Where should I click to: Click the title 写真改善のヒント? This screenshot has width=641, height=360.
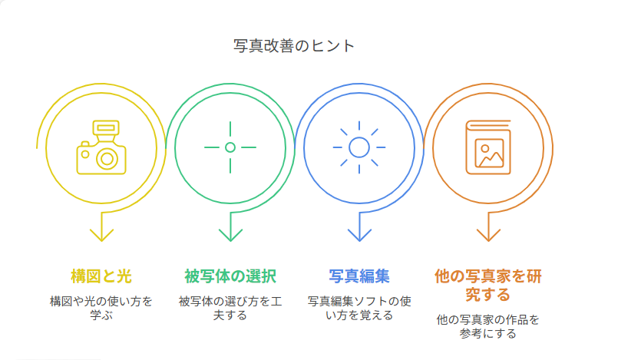(294, 46)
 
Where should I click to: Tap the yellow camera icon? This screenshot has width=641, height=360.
(101, 147)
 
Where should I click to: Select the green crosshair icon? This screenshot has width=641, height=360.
(230, 147)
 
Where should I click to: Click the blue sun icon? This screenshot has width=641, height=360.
(359, 147)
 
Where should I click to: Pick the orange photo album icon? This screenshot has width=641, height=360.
(488, 147)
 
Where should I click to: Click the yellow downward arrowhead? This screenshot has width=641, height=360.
(101, 235)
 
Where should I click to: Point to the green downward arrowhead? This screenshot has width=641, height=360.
(230, 235)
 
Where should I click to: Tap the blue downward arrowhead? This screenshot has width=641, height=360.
(359, 235)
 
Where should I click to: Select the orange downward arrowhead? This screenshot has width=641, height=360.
(488, 235)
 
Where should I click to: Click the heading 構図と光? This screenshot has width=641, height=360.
(101, 276)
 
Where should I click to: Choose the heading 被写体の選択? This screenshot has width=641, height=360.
(230, 276)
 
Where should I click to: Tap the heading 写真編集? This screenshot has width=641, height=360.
(359, 276)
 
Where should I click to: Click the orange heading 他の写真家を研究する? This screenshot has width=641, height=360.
(488, 286)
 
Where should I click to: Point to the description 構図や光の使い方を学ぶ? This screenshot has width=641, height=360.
(101, 308)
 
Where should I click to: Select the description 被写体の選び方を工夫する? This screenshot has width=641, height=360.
(230, 308)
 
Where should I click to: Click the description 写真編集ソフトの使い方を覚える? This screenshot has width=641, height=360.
(359, 308)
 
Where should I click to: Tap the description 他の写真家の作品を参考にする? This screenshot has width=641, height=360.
(488, 326)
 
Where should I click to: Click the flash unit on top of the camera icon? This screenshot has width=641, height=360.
(106, 128)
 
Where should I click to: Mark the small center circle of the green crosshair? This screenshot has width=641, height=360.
(230, 147)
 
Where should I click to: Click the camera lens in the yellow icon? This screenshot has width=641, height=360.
(107, 159)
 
